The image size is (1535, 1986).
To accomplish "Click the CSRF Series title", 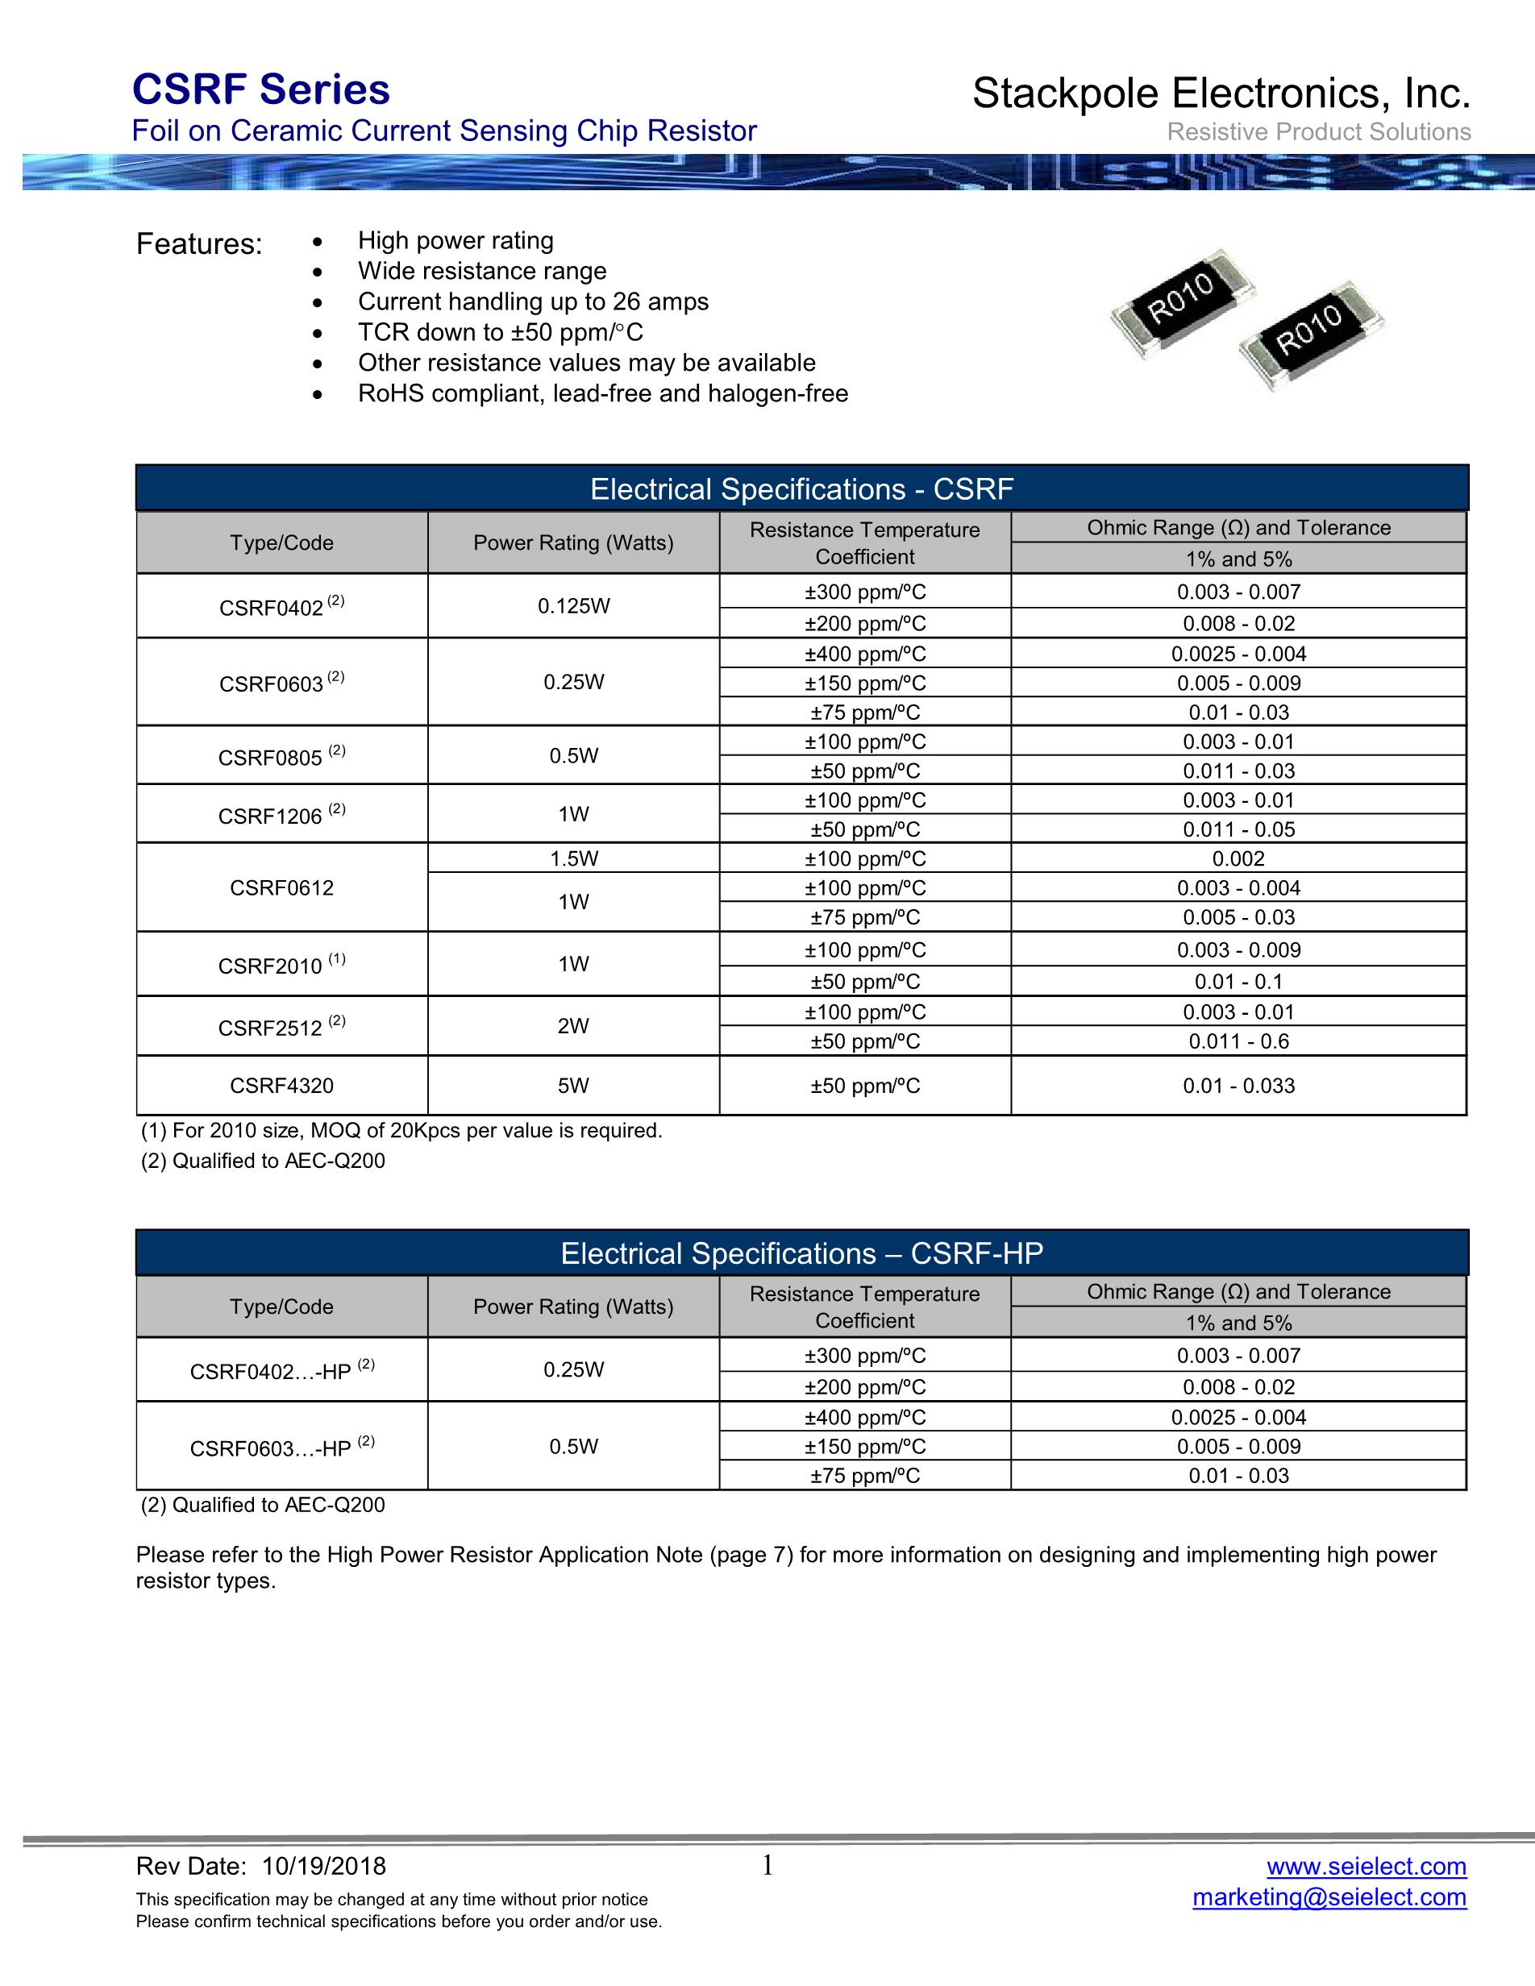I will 261,90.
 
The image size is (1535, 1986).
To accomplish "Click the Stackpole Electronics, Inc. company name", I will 1221,93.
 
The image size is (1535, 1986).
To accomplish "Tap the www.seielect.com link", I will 1366,1866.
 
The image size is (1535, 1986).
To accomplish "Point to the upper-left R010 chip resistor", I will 1180,301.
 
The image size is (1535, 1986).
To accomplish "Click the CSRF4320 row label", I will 282,1086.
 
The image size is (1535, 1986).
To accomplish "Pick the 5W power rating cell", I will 574,1086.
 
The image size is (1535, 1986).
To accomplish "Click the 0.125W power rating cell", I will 574,607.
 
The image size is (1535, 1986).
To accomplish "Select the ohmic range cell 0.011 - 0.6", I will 1238,1042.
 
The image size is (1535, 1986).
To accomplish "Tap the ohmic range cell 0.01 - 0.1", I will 1238,982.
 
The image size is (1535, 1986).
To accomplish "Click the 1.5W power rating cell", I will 574,859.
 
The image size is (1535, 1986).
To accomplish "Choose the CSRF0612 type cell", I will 282,888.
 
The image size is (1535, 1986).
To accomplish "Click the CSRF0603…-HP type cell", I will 282,1448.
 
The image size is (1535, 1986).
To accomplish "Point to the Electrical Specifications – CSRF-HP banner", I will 802,1254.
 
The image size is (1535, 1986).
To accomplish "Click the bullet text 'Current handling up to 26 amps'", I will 533,302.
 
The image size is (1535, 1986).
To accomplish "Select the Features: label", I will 199,244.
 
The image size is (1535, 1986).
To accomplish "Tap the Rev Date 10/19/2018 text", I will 261,1867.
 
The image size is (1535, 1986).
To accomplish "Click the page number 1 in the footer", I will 767,1866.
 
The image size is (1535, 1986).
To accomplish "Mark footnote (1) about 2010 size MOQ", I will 401,1131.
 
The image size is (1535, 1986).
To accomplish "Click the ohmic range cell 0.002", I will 1238,859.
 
